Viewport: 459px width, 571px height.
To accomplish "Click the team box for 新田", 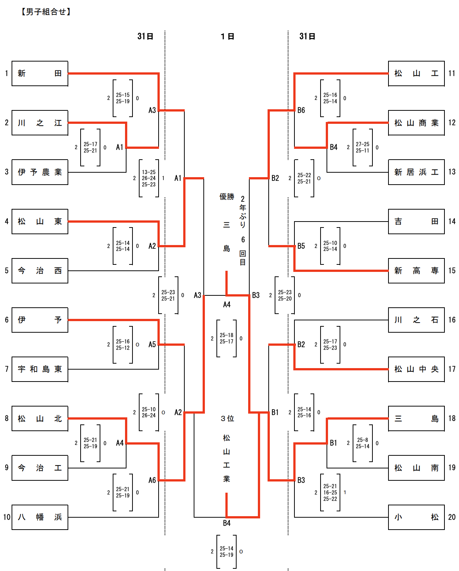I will tap(40, 73).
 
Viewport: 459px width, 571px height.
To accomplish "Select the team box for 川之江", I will tap(40, 123).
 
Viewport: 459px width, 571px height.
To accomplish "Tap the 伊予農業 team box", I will tap(40, 172).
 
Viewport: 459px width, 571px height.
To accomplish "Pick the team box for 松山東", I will tap(40, 222).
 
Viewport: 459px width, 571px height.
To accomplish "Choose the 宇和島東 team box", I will tap(40, 369).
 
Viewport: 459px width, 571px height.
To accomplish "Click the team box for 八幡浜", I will tap(40, 517).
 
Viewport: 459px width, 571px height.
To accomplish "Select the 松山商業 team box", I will tap(416, 123).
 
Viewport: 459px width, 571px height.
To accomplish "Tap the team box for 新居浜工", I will tap(416, 172).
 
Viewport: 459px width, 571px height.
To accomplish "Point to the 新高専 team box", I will tap(416, 271).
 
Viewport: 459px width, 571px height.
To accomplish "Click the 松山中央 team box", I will tap(416, 369).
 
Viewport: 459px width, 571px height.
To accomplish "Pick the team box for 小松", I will tap(416, 517).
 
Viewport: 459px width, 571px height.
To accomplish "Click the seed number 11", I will tap(452, 73).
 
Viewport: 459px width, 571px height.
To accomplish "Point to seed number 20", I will tap(452, 517).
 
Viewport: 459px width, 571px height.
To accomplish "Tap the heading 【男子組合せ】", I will tap(46, 12).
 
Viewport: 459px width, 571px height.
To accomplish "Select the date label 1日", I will tap(227, 37).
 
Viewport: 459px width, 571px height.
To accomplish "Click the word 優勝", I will tap(227, 197).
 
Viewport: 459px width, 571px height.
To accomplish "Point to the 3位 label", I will tap(227, 418).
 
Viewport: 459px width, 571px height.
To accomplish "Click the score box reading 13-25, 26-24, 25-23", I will tap(149, 178).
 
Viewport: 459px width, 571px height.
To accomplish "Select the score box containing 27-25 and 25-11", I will tap(363, 147).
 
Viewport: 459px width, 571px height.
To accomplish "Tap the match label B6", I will tap(301, 110).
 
